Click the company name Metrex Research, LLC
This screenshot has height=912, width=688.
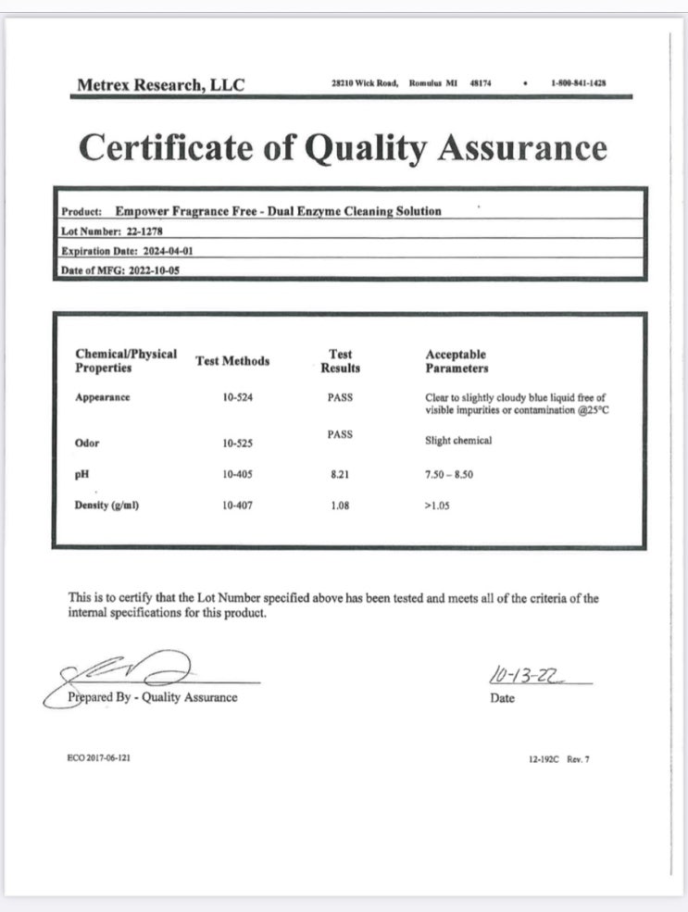pyautogui.click(x=161, y=85)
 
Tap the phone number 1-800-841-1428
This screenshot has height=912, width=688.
pyautogui.click(x=578, y=83)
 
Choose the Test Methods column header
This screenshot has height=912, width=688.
pyautogui.click(x=232, y=361)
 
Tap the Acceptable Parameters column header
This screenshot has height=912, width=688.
pyautogui.click(x=457, y=361)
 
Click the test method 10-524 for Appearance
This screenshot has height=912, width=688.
pyautogui.click(x=237, y=397)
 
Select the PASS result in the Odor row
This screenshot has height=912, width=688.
pyautogui.click(x=340, y=434)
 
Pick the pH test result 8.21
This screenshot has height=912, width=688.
pyautogui.click(x=340, y=474)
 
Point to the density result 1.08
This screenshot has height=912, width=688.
pyautogui.click(x=340, y=506)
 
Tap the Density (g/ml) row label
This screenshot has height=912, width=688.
pyautogui.click(x=106, y=506)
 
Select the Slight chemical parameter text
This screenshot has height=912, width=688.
pyautogui.click(x=458, y=441)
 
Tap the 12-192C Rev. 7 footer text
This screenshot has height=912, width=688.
pyautogui.click(x=558, y=759)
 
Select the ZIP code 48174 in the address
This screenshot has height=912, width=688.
pyautogui.click(x=481, y=83)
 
